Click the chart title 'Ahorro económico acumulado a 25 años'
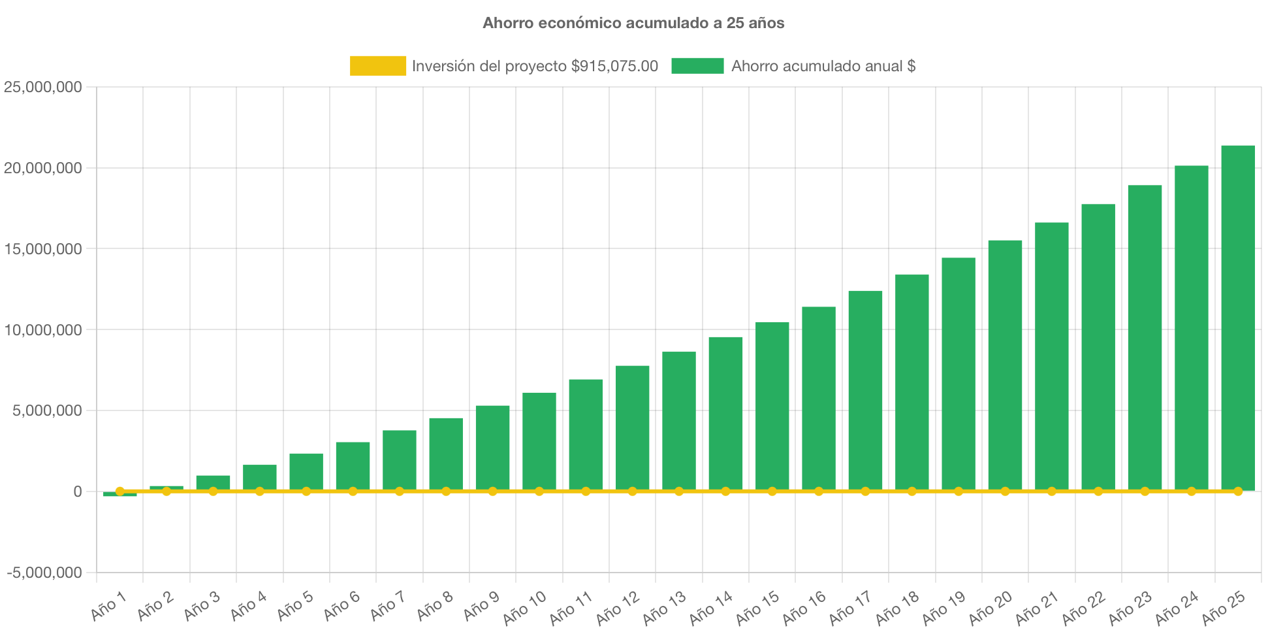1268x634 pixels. click(x=633, y=23)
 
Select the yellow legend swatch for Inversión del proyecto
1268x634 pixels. click(x=377, y=66)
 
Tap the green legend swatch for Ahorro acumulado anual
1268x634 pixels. click(x=697, y=66)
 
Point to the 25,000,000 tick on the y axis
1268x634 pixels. click(x=43, y=87)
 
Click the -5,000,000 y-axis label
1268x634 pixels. click(x=44, y=573)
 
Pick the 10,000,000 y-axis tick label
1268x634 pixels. click(x=43, y=330)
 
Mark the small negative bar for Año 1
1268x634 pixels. click(x=120, y=495)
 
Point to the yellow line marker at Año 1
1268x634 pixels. click(x=120, y=491)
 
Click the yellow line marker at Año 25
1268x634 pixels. click(x=1238, y=491)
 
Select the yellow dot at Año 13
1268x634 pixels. click(x=679, y=491)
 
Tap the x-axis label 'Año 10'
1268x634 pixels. click(x=524, y=607)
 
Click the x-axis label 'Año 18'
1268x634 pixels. click(x=897, y=607)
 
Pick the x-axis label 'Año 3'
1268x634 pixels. click(x=202, y=606)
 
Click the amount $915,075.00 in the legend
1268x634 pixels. click(x=614, y=66)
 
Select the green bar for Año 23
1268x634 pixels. click(x=1145, y=337)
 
